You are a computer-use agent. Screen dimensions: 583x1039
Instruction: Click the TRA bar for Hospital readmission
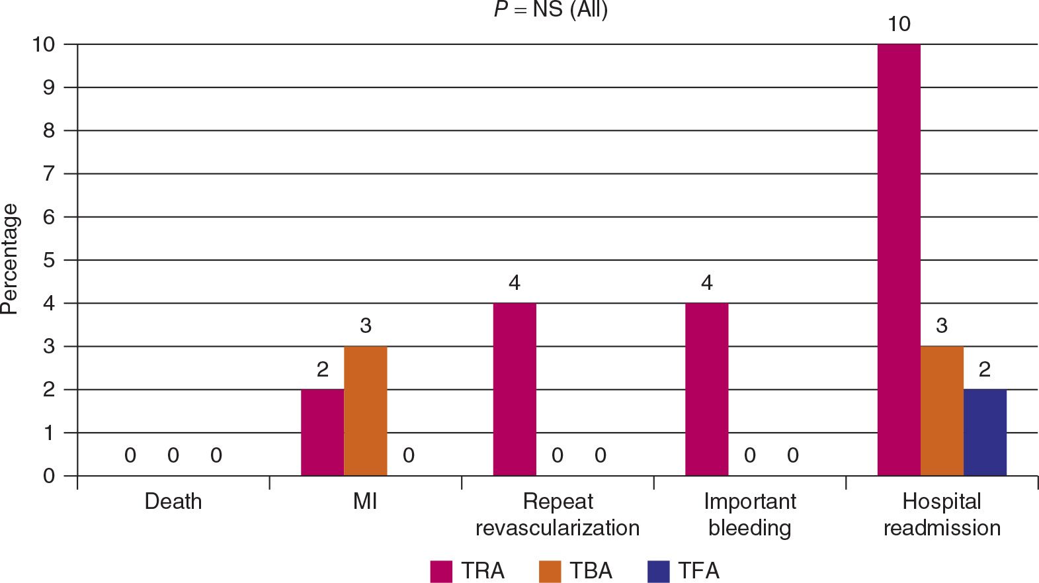(899, 259)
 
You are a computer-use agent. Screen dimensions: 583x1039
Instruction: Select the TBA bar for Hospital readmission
(942, 411)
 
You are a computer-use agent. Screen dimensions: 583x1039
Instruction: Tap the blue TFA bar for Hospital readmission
(985, 432)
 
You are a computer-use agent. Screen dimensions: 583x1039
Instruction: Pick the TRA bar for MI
(323, 432)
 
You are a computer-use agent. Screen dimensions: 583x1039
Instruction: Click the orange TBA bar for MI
(366, 411)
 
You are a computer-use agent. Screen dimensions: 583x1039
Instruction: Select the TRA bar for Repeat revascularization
(515, 389)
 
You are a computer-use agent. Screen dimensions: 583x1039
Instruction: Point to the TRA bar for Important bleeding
(707, 389)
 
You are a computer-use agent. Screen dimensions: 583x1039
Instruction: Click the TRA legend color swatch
(441, 571)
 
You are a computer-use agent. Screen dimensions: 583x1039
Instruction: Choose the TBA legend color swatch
(550, 571)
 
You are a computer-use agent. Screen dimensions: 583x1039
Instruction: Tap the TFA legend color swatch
(659, 571)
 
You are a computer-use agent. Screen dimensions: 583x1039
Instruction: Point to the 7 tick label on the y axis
(49, 174)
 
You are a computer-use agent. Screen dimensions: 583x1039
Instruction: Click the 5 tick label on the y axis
(49, 260)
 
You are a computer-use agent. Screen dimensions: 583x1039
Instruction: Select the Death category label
(173, 502)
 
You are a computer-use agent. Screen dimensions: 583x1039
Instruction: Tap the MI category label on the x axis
(365, 502)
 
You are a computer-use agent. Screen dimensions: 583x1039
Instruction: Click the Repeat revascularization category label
(558, 515)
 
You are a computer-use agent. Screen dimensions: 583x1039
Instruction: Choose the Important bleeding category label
(750, 515)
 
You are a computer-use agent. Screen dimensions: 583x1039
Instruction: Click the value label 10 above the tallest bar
(899, 24)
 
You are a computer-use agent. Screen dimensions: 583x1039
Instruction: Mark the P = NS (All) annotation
(551, 9)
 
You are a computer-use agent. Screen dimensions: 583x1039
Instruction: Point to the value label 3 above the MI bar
(366, 326)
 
